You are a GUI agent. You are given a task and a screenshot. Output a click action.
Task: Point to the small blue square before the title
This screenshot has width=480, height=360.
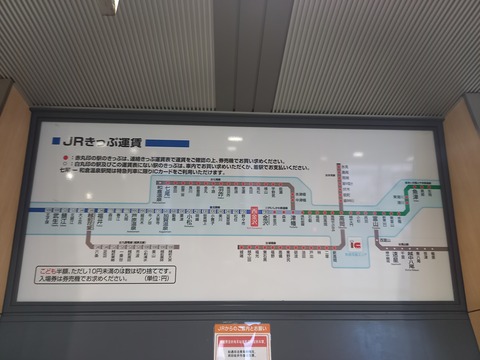[54, 143]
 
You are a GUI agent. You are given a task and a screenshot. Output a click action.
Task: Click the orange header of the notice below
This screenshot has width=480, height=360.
[240, 328]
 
